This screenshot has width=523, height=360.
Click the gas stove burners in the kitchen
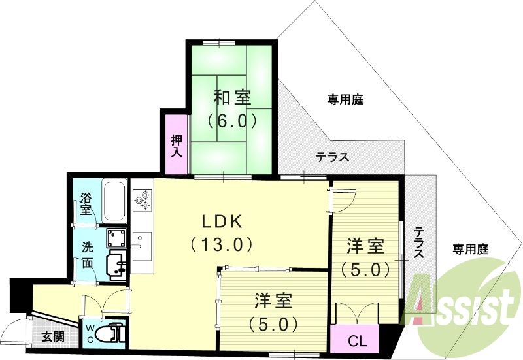pos(143,199)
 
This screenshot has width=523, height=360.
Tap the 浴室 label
pos(86,204)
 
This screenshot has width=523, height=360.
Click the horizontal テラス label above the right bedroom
pos(332,157)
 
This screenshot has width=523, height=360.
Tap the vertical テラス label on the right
pos(418,243)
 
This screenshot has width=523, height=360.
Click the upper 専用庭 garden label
pos(345,100)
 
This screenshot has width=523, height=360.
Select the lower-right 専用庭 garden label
pos(471,249)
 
